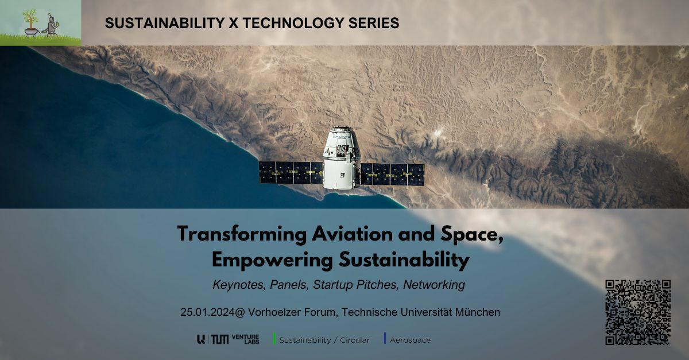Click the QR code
(x=638, y=312)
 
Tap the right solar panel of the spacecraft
(x=392, y=174)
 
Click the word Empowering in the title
(x=269, y=260)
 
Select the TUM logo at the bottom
(x=220, y=339)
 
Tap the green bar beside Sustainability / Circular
(x=274, y=339)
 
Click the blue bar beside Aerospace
(x=385, y=339)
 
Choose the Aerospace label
(x=410, y=340)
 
